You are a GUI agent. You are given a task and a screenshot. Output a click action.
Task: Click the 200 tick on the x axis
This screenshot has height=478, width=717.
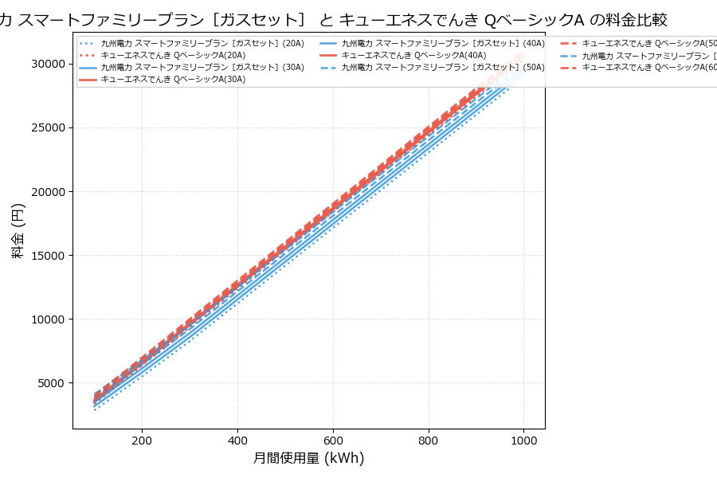[x=142, y=439]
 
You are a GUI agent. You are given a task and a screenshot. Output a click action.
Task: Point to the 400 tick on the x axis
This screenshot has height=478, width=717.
[x=237, y=439]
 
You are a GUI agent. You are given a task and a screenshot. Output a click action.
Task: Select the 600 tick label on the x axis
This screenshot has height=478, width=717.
[x=333, y=439]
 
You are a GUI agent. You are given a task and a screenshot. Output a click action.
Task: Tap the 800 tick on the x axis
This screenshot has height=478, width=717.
[x=429, y=439]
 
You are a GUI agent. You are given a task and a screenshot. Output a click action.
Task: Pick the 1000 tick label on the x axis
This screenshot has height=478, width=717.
[x=523, y=439]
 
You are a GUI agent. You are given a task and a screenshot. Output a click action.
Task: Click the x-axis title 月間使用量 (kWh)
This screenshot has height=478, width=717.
[x=308, y=458]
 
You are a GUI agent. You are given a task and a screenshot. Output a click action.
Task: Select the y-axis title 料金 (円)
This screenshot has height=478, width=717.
[x=18, y=230]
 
